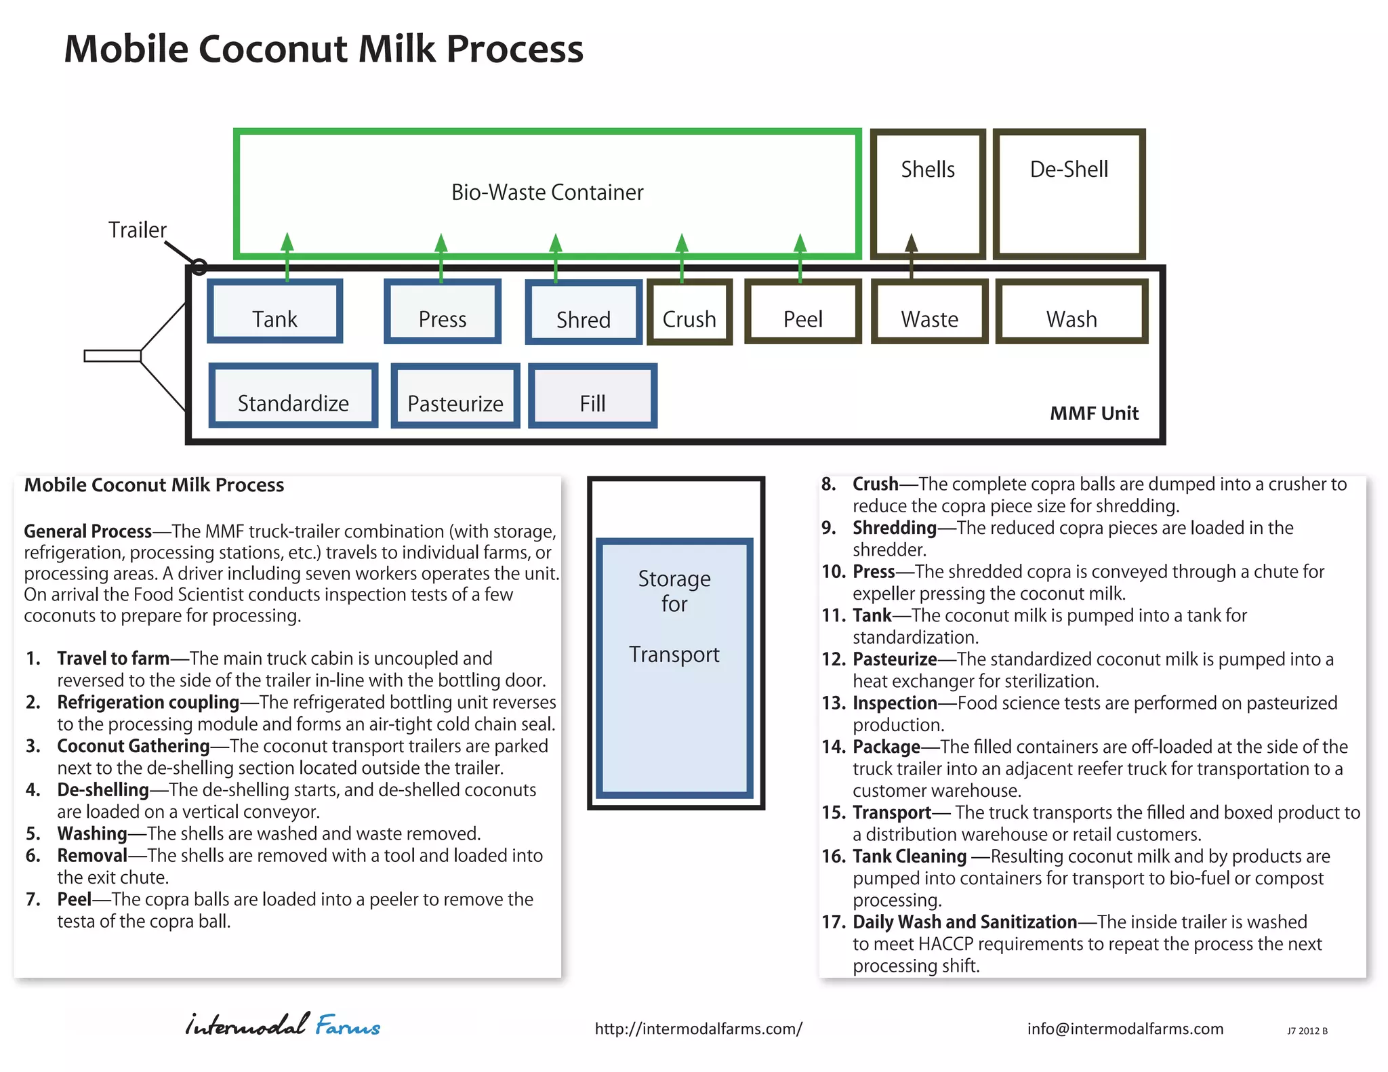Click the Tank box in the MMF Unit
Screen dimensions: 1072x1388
(274, 311)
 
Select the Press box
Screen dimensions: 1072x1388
(443, 311)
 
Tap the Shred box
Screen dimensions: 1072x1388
(584, 312)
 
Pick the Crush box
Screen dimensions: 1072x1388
(689, 312)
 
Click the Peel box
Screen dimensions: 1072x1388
(803, 312)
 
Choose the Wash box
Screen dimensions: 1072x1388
(1071, 312)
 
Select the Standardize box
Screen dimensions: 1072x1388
(293, 396)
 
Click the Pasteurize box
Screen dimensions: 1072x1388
(455, 396)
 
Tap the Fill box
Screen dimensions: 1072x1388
(592, 396)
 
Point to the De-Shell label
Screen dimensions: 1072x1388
(1069, 169)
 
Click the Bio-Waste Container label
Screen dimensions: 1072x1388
(547, 192)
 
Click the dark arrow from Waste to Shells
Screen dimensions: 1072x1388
(912, 254)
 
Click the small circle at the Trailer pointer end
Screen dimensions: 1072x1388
(199, 267)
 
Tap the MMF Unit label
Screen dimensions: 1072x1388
(1094, 413)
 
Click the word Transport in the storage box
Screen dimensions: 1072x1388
(674, 655)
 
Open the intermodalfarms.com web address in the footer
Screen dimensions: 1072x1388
(698, 1029)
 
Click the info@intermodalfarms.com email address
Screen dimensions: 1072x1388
(1125, 1029)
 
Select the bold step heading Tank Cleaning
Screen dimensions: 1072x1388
(909, 857)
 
